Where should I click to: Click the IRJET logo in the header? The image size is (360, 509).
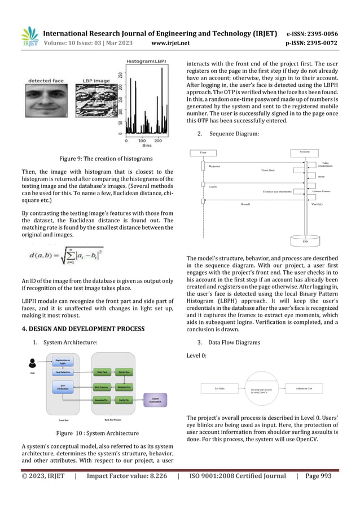[29, 37]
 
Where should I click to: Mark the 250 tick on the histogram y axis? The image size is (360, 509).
[119, 75]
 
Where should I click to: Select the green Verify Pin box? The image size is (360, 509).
[125, 400]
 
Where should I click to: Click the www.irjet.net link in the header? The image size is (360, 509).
[170, 42]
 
